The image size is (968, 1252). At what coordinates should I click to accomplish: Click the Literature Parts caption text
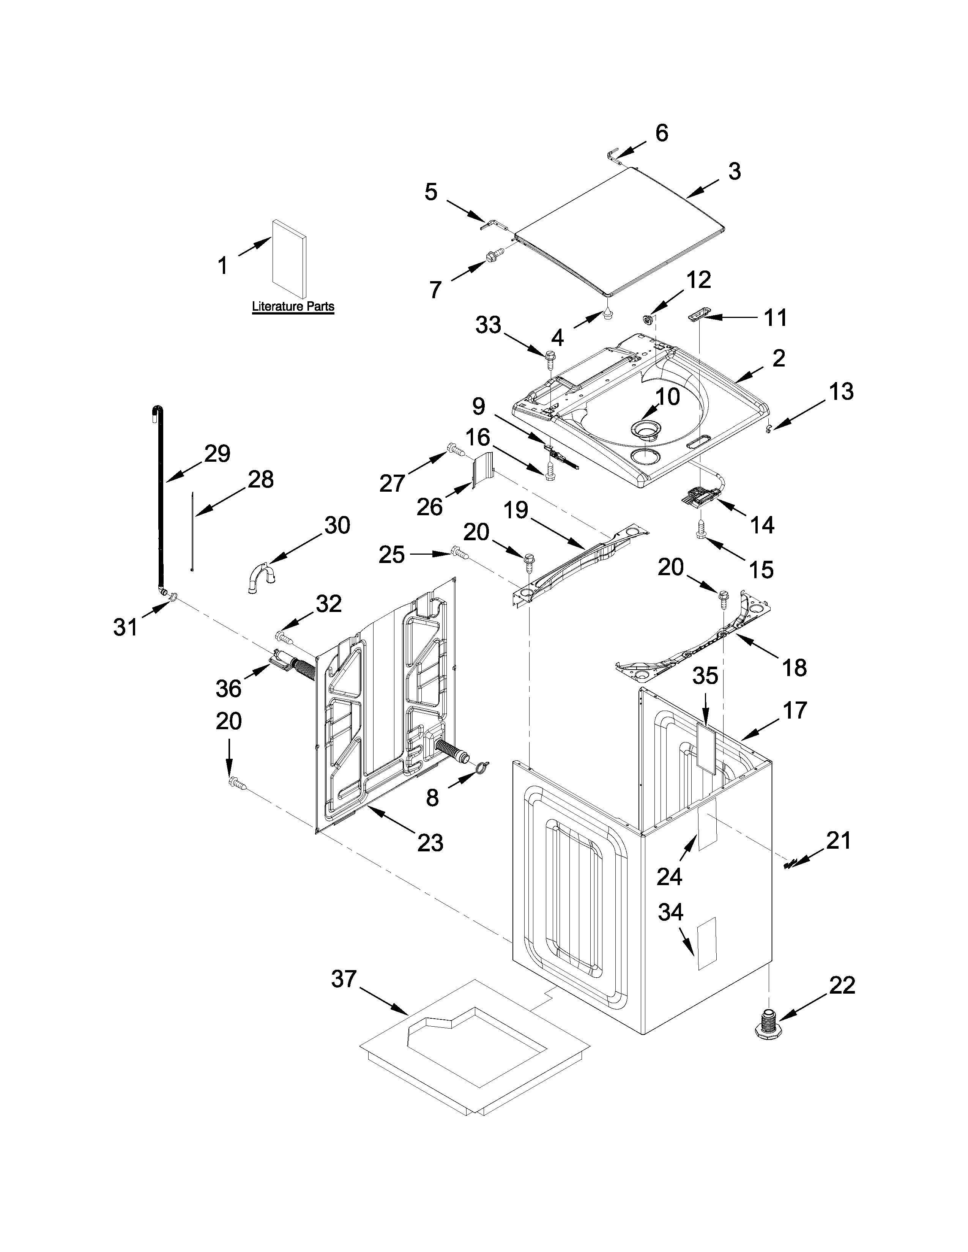(293, 307)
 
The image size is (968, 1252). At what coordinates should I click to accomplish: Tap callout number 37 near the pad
(344, 980)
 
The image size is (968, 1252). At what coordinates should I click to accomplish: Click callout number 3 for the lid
(735, 171)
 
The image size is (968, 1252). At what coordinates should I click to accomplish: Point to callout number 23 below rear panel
(430, 843)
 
